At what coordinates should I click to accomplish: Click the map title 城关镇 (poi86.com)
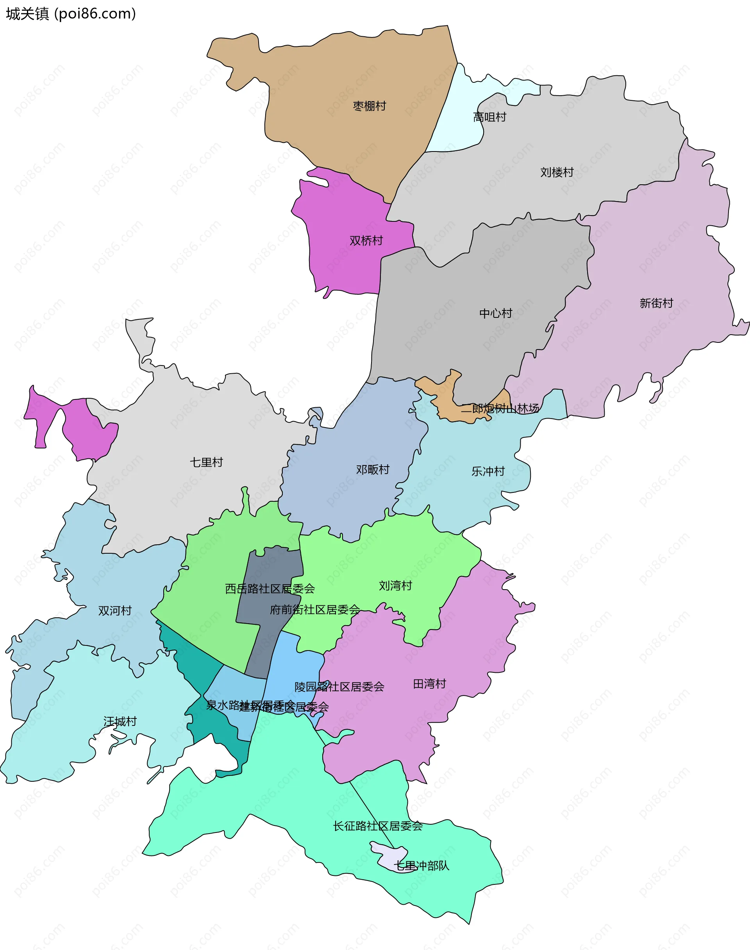[71, 14]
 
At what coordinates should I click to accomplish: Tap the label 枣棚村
[369, 106]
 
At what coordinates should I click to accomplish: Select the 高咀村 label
[489, 117]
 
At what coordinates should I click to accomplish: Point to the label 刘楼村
[557, 172]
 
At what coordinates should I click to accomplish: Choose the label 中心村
[496, 313]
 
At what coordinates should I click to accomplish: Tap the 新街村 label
[656, 303]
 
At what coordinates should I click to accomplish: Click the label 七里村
[206, 462]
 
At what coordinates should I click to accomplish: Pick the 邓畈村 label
[372, 469]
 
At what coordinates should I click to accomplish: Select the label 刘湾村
[395, 585]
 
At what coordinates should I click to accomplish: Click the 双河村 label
[114, 610]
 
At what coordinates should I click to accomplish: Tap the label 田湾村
[429, 684]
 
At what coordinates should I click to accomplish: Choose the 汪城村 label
[120, 721]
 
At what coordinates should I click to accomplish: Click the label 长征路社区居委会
[378, 826]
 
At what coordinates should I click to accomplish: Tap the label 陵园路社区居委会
[339, 686]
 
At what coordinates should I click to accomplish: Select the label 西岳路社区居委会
[270, 589]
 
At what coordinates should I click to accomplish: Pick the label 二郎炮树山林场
[500, 408]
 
